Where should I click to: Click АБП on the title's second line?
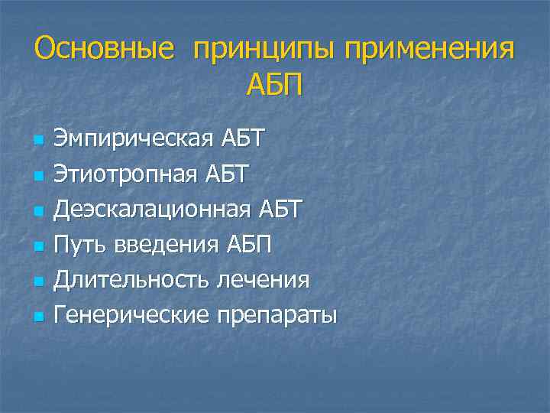274,85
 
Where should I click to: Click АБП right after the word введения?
249,244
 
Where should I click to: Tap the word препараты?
276,314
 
